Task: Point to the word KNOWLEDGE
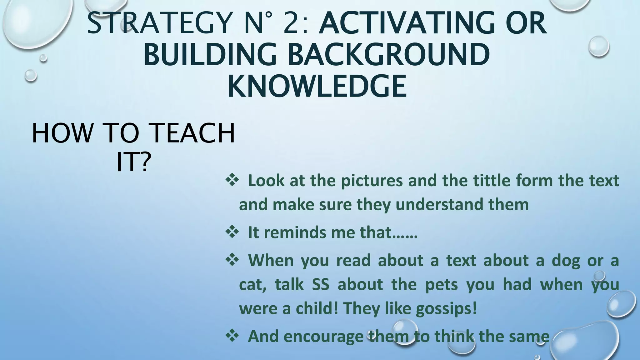(x=317, y=86)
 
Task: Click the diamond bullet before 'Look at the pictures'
(x=232, y=180)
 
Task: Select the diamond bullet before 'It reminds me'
(x=232, y=232)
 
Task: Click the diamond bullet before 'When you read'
(x=232, y=260)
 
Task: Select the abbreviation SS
(x=320, y=285)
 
